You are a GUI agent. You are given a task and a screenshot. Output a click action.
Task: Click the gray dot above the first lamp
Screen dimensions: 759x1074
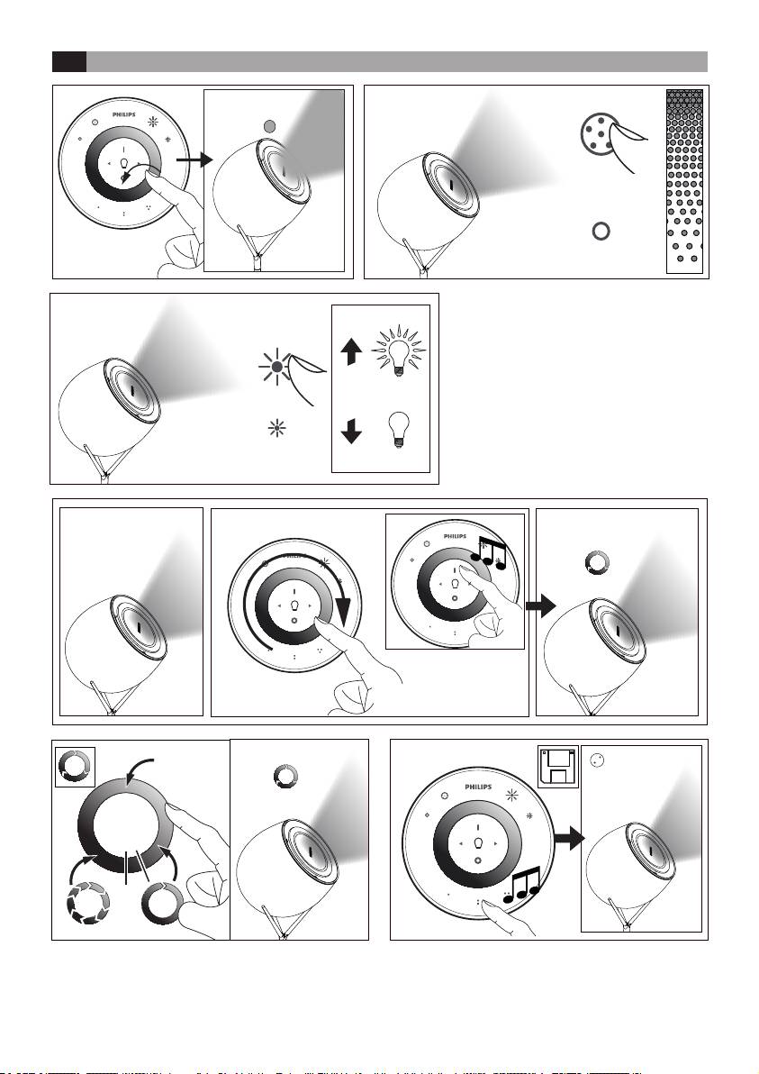pos(271,127)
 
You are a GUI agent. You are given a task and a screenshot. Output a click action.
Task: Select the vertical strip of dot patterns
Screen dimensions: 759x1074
pos(683,180)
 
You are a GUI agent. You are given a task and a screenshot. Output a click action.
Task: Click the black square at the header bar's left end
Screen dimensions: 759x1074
pos(68,61)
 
